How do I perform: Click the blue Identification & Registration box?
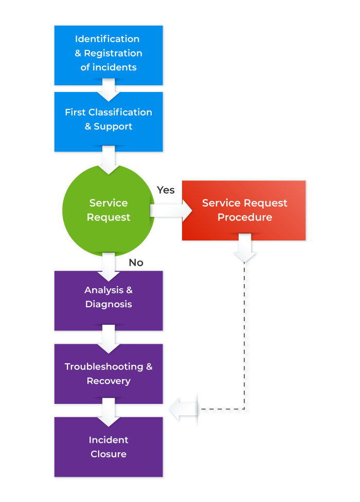point(109,54)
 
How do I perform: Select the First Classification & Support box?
point(109,121)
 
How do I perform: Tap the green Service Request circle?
point(109,210)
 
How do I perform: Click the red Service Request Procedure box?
point(244,210)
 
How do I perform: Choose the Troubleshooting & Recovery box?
point(109,374)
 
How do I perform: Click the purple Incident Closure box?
point(109,447)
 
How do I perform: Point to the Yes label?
point(166,190)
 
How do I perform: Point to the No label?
point(136,263)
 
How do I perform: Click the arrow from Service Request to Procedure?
point(172,210)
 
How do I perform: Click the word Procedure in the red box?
point(244,217)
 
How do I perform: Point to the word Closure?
point(109,454)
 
